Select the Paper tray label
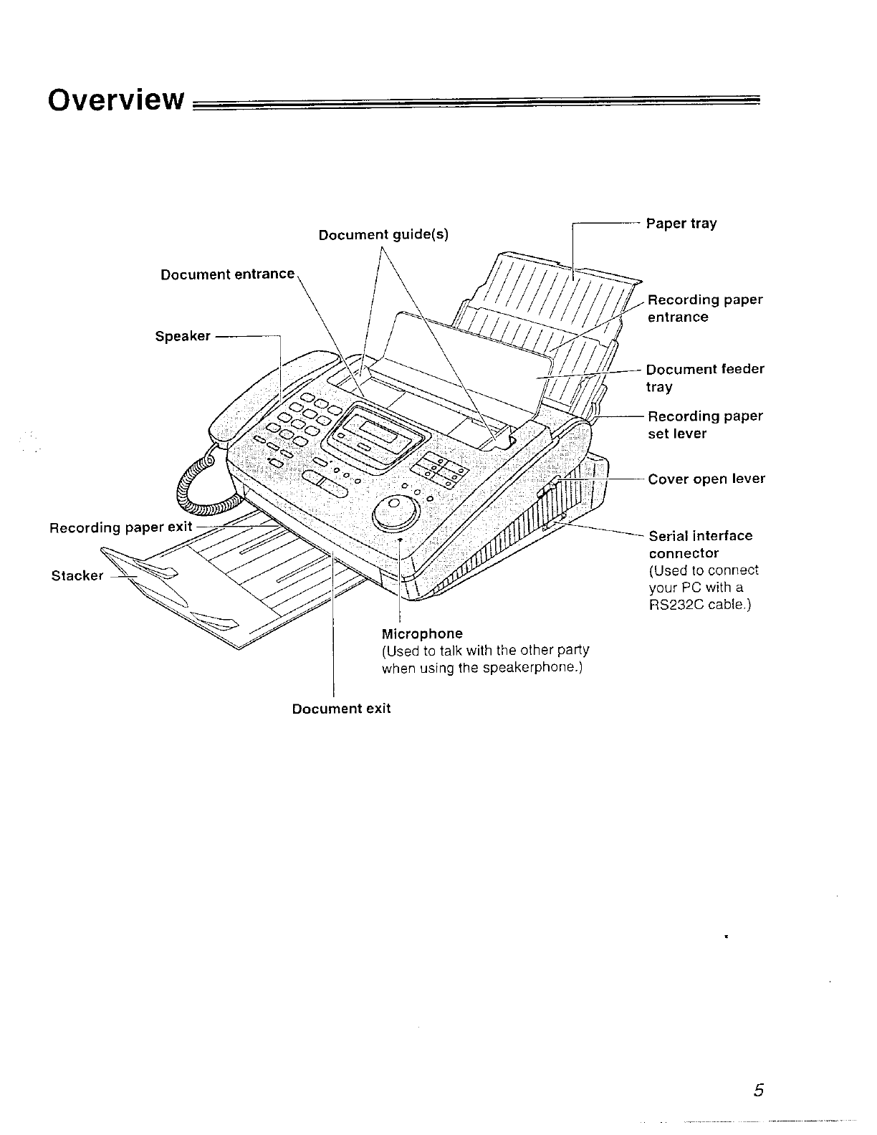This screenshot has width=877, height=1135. [x=681, y=224]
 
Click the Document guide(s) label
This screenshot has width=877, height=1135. [x=383, y=235]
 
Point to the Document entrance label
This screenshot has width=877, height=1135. [x=227, y=274]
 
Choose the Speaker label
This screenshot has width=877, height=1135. [x=183, y=336]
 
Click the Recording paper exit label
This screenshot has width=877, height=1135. [x=120, y=528]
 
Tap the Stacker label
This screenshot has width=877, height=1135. [x=77, y=575]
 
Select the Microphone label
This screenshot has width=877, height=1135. [x=422, y=633]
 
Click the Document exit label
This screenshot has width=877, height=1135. [x=341, y=709]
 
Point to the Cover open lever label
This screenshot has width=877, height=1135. [x=706, y=479]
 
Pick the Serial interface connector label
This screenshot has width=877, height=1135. [x=700, y=545]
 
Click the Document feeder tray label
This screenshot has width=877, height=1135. [x=704, y=378]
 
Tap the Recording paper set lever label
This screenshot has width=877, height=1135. [x=705, y=425]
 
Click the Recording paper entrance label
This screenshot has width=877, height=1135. [x=705, y=308]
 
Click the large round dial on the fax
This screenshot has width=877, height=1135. [x=396, y=510]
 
